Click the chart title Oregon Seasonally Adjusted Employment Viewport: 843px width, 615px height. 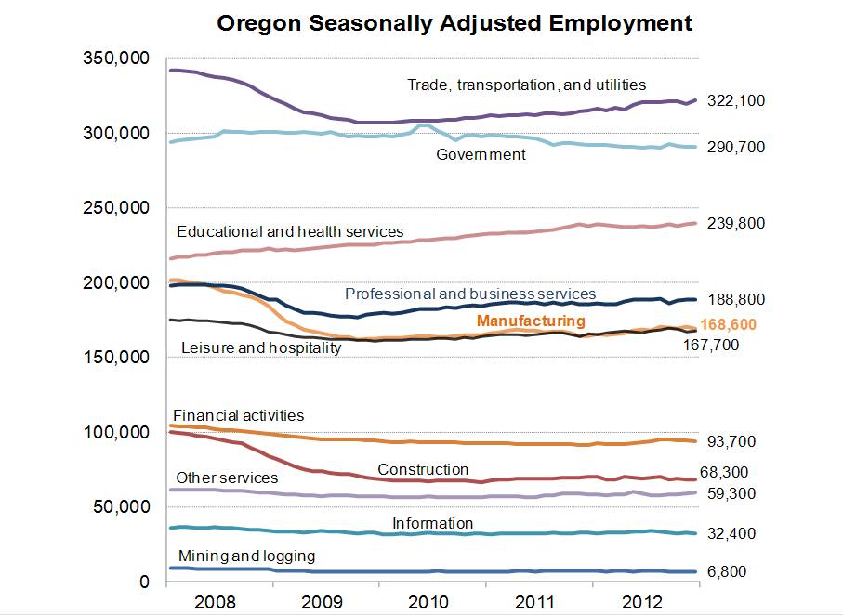coord(454,22)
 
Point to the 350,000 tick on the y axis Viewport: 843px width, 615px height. coord(114,59)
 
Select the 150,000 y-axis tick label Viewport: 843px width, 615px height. coord(114,358)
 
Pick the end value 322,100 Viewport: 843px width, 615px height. coord(736,100)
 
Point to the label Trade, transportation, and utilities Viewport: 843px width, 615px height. coord(526,85)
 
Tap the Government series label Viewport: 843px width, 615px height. coord(481,154)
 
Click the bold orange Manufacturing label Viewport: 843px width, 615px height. coord(531,321)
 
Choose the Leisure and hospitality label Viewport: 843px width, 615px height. coord(260,347)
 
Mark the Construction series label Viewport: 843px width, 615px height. coord(423,469)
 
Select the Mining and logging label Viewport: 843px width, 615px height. coord(246,556)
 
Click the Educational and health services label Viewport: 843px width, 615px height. coord(290,230)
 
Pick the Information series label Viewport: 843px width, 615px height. coord(432,523)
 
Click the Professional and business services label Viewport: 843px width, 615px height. coord(470,294)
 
